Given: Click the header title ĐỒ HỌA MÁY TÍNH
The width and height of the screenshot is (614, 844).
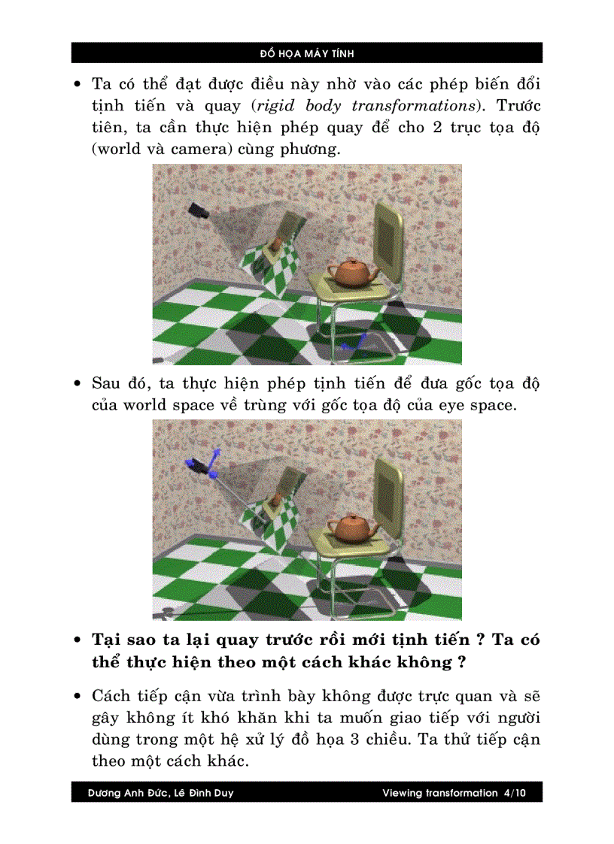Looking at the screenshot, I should [x=307, y=53].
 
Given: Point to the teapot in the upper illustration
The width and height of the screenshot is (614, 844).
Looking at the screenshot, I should [x=351, y=272].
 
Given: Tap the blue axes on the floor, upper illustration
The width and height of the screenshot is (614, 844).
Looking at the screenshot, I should [x=351, y=344].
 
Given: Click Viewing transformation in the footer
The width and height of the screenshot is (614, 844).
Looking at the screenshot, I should [x=439, y=793].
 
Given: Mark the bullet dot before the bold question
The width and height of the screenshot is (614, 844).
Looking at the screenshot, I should [x=78, y=641].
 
